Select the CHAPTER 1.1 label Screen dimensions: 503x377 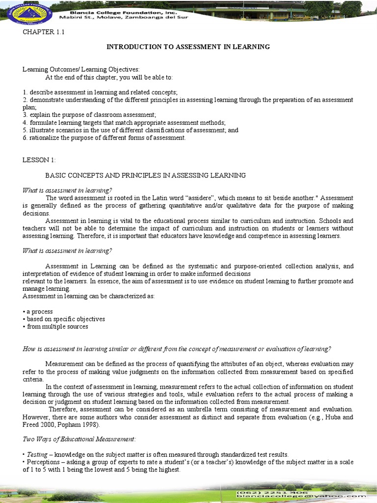pos(44,32)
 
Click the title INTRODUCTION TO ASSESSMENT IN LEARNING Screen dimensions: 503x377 pos(188,47)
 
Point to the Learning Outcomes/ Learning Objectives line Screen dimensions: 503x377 pos(81,70)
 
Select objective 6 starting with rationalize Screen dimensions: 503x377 pos(104,138)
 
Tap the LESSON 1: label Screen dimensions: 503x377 pos(39,160)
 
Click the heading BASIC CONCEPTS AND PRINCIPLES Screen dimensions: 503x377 pos(145,175)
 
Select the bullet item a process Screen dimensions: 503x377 pos(38,311)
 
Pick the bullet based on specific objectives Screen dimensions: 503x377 pos(64,319)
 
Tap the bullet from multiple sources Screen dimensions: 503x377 pos(55,326)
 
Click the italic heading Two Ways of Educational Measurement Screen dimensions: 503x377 pos(79,439)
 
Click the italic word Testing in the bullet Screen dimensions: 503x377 pos(37,454)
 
